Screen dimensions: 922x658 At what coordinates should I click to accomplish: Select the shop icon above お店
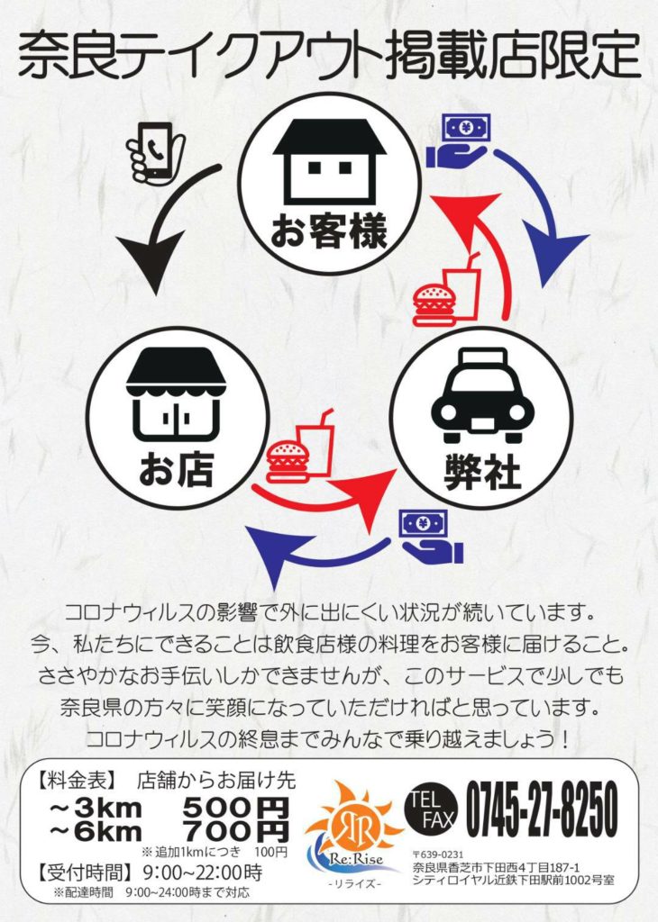point(176,394)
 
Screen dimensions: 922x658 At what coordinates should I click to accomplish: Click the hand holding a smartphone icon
point(154,150)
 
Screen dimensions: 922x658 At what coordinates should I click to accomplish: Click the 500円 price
point(236,807)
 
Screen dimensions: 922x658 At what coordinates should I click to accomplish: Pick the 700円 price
point(236,830)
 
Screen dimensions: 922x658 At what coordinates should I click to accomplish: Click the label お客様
point(329,232)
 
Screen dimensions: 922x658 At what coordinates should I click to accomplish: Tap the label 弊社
point(482,475)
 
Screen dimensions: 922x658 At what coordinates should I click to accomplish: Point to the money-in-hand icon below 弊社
point(430,536)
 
